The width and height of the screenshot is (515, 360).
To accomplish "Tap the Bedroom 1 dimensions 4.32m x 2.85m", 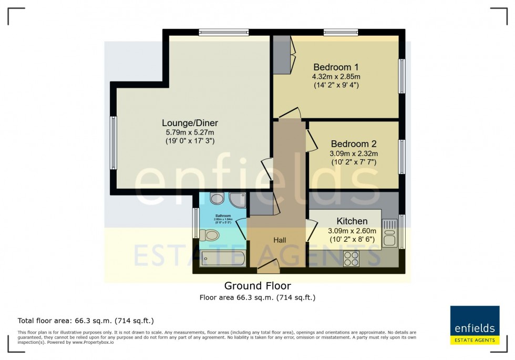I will (x=336, y=76).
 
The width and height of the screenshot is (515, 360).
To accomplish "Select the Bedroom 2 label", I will (x=353, y=143).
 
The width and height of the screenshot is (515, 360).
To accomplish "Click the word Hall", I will (x=280, y=240).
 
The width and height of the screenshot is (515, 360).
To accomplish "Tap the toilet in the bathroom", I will (x=211, y=235).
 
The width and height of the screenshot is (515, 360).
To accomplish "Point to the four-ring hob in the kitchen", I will (x=351, y=259).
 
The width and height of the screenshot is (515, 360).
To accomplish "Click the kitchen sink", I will (x=389, y=233).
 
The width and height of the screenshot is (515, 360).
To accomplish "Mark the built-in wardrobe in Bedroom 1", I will (x=282, y=55).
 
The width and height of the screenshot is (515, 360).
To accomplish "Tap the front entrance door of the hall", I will (x=269, y=266).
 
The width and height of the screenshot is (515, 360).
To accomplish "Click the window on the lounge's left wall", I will (x=113, y=143).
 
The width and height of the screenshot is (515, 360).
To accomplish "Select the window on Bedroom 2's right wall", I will (x=401, y=156).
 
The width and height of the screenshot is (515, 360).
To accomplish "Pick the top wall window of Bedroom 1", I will (x=341, y=33).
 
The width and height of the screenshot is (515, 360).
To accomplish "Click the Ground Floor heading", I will (x=257, y=286).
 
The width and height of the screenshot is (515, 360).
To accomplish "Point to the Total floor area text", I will (x=86, y=321).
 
